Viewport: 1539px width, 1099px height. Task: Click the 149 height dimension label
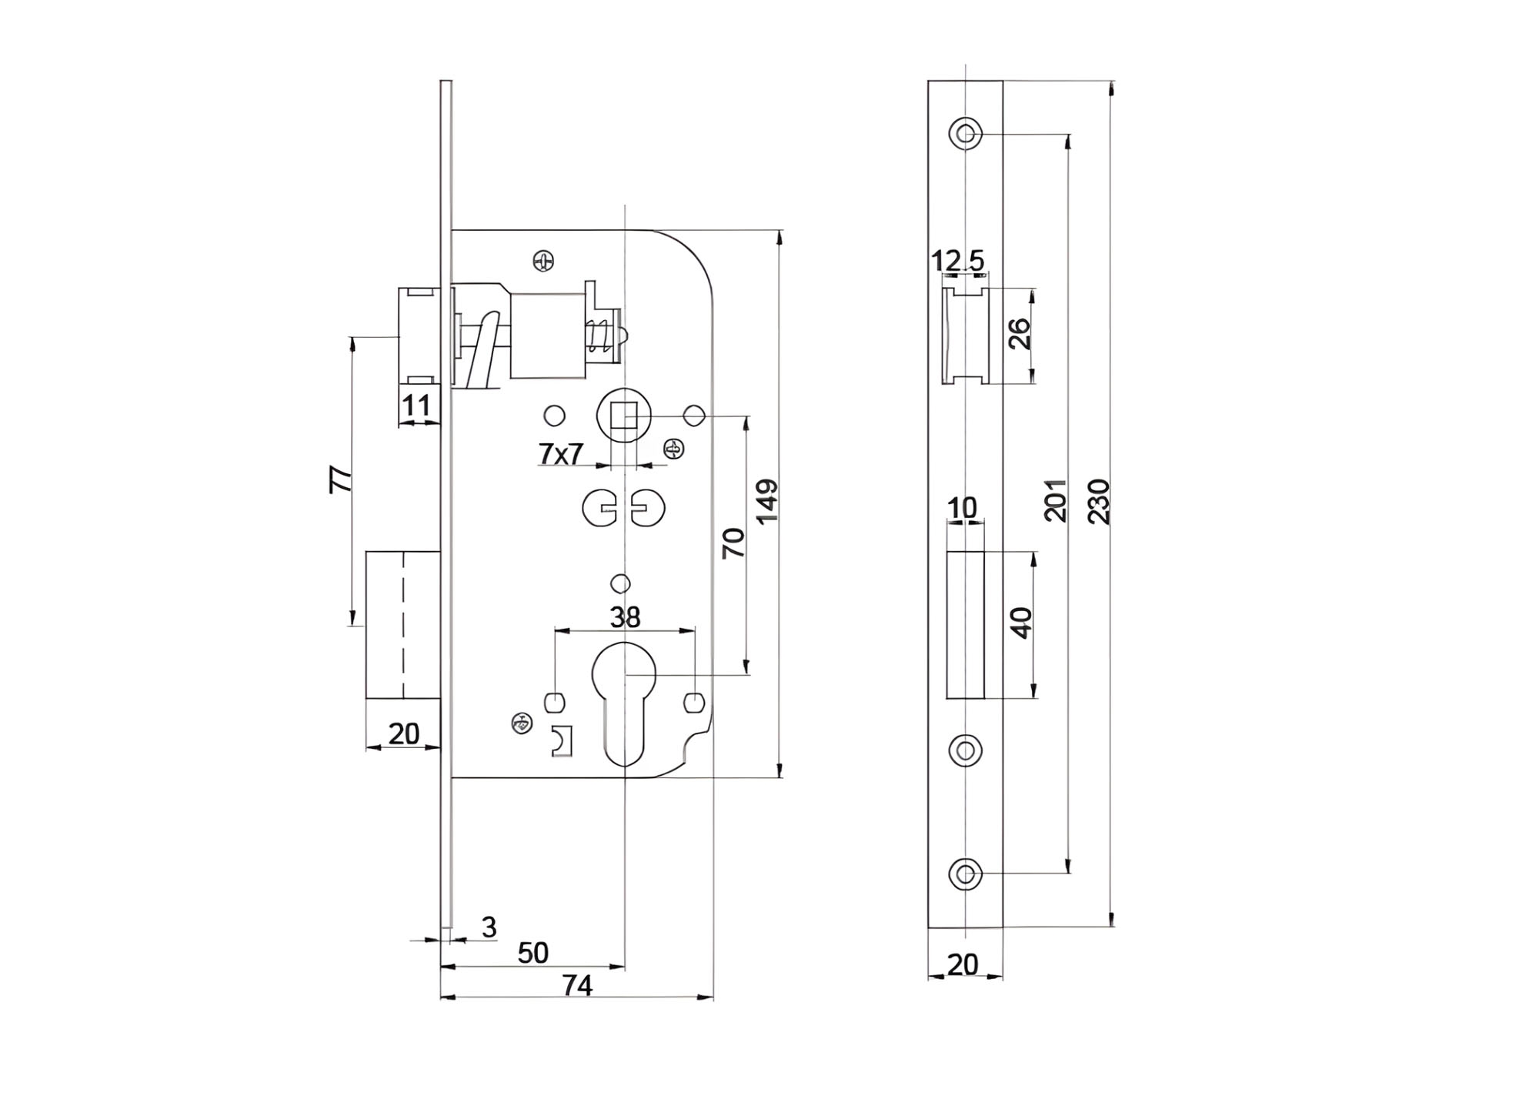point(767,502)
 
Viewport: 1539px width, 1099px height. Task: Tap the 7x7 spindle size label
point(561,455)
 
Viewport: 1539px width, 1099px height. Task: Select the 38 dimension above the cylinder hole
point(625,616)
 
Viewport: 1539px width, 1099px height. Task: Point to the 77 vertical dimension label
point(341,479)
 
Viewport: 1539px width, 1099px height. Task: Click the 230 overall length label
point(1100,502)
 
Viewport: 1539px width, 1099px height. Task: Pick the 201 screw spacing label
point(1056,500)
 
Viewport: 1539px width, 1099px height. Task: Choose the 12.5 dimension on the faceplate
point(958,261)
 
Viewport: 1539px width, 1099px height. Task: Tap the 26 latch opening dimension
point(1020,334)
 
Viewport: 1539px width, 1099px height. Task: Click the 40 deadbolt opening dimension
point(1020,623)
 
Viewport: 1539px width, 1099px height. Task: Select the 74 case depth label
point(577,986)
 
